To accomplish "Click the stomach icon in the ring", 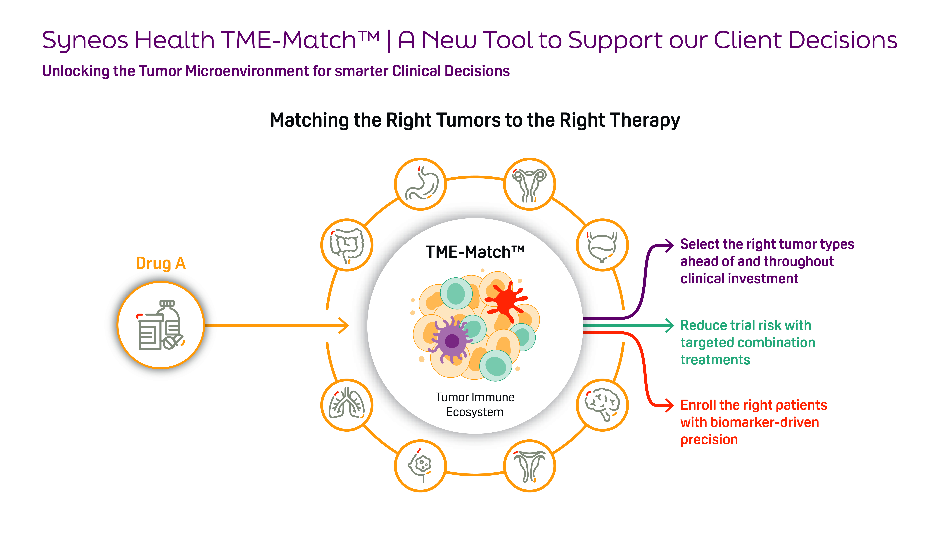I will point(420,184).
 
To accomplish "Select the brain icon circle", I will point(602,405).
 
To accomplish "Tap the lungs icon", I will point(347,405).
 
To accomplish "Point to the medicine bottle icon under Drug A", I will point(160,325).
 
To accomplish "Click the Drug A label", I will point(160,263).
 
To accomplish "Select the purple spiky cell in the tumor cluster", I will point(452,340).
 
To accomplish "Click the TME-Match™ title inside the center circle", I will point(475,252).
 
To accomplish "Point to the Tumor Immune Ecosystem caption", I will point(475,404).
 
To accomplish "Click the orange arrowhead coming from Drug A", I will point(344,325).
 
